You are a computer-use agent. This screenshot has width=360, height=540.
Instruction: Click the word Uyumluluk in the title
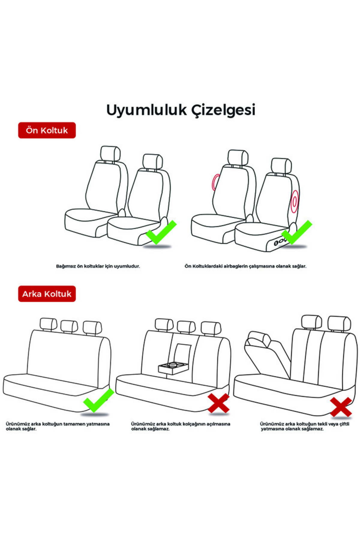point(147,110)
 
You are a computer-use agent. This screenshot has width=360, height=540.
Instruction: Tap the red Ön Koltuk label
point(47,130)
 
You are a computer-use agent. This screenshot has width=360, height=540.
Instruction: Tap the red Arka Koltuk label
point(47,294)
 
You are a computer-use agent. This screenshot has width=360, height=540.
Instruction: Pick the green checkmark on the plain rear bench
point(98,400)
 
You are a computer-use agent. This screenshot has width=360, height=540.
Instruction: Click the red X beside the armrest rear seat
point(219,403)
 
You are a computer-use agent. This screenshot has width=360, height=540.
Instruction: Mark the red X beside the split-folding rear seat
point(341,407)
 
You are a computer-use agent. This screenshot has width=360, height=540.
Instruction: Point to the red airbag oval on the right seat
point(295,200)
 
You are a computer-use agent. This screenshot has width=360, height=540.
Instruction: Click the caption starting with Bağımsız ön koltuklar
point(98,266)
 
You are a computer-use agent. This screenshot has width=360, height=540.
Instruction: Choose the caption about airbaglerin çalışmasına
point(245,266)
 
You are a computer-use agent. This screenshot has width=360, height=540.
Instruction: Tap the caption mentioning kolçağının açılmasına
point(181,426)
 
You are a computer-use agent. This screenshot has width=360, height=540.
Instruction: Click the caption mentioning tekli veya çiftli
point(305,426)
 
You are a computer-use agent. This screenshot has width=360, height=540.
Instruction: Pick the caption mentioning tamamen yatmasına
point(58,426)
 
